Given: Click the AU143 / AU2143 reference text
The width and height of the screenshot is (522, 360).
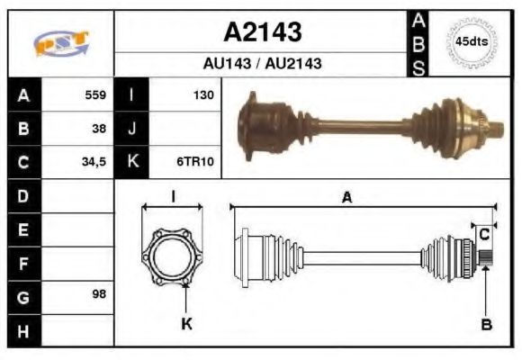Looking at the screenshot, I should [x=262, y=65].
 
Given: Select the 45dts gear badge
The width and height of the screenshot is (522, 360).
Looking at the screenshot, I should [x=471, y=42].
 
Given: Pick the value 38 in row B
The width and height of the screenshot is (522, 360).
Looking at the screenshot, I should [x=99, y=129].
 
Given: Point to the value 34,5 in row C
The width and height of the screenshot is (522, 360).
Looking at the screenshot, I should [x=94, y=163].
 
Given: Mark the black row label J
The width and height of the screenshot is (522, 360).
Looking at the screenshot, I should [x=132, y=129].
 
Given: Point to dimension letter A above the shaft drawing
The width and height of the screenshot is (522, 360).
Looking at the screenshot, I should [x=346, y=197].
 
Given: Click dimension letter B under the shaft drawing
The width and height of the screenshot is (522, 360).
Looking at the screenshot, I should [x=487, y=324].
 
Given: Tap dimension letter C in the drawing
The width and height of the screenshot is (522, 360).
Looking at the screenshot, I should [x=483, y=234].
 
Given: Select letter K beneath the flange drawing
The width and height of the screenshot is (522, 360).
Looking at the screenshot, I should [x=187, y=324].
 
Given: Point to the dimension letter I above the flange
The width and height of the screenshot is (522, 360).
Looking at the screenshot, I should [x=173, y=197].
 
